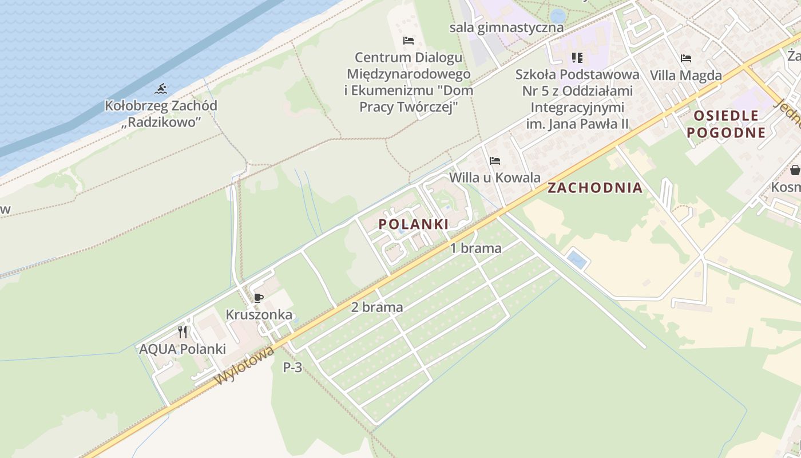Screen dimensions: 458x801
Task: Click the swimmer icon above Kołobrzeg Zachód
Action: (161, 89)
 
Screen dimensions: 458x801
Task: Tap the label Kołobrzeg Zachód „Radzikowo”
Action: (161, 114)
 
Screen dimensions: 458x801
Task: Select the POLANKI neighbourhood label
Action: (414, 224)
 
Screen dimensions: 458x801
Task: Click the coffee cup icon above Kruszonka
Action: (258, 298)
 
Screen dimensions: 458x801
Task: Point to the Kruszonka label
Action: (259, 314)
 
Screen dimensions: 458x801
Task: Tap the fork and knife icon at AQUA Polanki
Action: (183, 331)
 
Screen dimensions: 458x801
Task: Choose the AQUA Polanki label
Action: (183, 349)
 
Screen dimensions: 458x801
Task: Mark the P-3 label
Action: (292, 368)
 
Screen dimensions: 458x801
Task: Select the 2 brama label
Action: (377, 307)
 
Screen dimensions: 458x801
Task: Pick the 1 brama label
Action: (476, 248)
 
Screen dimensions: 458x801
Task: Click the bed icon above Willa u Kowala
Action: (495, 161)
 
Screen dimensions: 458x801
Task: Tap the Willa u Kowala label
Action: (495, 177)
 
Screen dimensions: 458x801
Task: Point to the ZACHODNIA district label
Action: (595, 188)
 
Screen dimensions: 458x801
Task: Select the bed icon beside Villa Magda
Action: (686, 58)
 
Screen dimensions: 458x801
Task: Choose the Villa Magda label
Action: (686, 75)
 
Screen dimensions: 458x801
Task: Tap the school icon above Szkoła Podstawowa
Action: (577, 58)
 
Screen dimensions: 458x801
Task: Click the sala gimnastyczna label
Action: (506, 27)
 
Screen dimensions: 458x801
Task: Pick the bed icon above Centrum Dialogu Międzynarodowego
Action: (408, 41)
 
